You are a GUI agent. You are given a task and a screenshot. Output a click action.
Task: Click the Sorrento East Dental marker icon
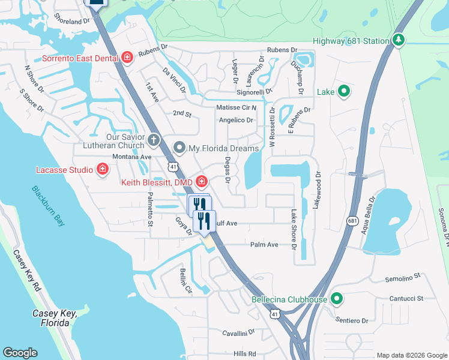127,58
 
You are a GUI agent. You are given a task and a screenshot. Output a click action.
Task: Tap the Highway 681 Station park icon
397,40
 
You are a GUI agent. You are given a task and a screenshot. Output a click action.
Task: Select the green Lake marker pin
344,92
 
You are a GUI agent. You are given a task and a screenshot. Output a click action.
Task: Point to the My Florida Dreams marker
179,148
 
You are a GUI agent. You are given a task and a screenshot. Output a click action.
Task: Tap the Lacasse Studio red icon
103,169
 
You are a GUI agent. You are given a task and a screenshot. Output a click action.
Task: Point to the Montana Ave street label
131,156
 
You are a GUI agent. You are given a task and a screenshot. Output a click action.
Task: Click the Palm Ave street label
264,245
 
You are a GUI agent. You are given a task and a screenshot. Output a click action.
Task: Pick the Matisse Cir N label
237,107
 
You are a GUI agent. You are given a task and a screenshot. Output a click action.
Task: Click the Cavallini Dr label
239,331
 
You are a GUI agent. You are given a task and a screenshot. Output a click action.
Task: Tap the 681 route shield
352,221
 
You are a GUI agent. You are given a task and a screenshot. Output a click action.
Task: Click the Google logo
20,353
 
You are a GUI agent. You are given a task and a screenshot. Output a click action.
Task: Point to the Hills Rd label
245,353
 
